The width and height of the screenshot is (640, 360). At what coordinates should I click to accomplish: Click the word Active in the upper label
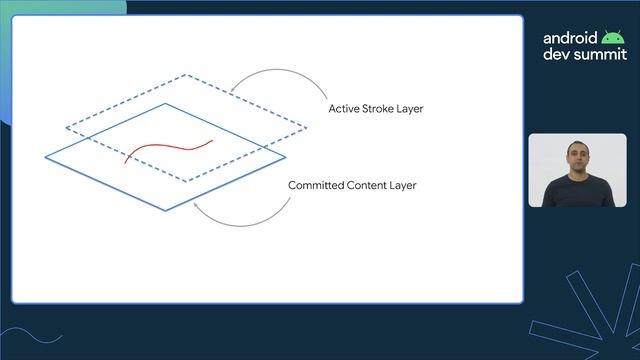click(344, 108)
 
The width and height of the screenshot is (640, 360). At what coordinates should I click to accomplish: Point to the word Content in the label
click(369, 185)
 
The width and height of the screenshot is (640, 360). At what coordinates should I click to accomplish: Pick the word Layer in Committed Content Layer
click(403, 185)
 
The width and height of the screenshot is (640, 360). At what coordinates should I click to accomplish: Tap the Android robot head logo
click(613, 38)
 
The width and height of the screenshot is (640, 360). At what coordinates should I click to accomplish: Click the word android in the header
click(571, 38)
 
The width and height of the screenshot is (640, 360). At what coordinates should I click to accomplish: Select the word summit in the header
click(597, 55)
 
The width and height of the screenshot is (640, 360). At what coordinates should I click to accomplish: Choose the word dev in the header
click(556, 55)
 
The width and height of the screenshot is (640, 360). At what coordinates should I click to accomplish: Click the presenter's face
click(577, 158)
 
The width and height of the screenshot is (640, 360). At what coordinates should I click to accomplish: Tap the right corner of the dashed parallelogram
click(307, 128)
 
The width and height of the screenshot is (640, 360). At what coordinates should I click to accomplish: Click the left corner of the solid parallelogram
click(46, 157)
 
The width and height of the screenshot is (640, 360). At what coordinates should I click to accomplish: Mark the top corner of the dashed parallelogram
click(185, 75)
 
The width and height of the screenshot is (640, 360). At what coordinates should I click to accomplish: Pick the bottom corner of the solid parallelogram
click(166, 209)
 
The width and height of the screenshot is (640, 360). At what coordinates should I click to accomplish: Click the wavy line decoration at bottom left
click(35, 340)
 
